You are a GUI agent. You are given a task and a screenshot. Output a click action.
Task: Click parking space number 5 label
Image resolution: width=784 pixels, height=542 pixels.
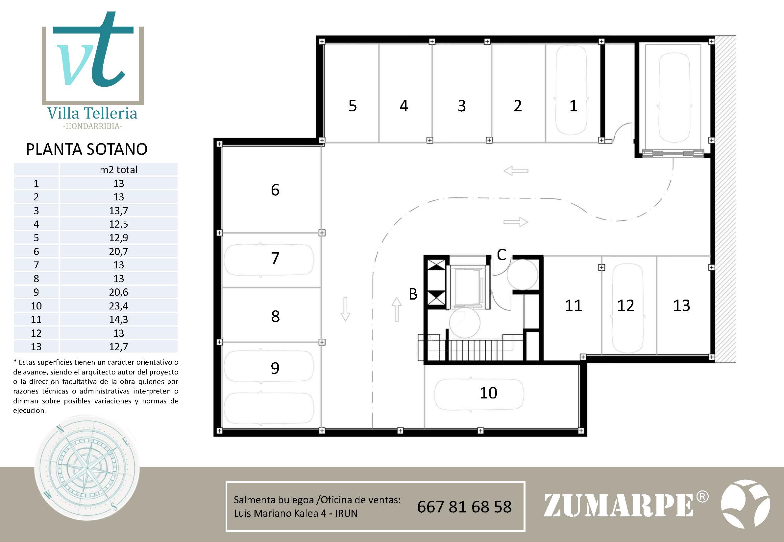tap(353, 106)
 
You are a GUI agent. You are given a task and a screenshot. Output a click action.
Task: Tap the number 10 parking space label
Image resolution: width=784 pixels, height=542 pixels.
tap(488, 393)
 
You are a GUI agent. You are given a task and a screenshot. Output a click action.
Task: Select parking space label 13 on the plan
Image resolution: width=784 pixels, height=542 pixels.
tap(681, 305)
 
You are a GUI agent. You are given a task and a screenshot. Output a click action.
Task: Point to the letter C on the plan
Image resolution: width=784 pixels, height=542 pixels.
tap(502, 254)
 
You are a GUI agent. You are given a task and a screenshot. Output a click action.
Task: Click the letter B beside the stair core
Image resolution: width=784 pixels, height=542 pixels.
tap(413, 294)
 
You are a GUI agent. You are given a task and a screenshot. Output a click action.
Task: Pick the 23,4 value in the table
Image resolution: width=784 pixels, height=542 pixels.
tap(118, 306)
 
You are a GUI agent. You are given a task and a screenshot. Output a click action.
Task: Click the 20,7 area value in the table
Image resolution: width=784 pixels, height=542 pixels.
tap(118, 252)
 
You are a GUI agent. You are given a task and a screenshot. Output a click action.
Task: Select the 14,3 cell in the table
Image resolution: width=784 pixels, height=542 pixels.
tap(118, 320)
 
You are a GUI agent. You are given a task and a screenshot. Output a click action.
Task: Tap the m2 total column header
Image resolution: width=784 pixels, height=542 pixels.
tap(118, 169)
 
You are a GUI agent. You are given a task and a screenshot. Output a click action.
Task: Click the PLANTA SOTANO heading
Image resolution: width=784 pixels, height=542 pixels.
tap(87, 149)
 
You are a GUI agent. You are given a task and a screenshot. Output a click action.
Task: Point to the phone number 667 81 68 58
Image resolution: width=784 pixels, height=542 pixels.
tap(464, 507)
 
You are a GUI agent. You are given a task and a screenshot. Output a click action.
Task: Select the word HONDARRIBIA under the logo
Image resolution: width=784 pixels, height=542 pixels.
tap(92, 126)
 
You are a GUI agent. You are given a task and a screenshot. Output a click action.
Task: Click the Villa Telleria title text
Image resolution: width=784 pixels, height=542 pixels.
tap(92, 113)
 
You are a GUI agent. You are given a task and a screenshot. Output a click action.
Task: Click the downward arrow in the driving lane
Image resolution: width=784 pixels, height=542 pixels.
tap(345, 309)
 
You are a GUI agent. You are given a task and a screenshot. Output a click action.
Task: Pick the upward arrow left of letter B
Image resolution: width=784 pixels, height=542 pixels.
tap(396, 309)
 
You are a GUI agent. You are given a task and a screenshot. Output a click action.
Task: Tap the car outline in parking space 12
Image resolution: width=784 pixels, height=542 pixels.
tap(627, 309)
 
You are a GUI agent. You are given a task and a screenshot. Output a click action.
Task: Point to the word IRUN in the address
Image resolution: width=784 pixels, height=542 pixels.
tap(346, 513)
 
